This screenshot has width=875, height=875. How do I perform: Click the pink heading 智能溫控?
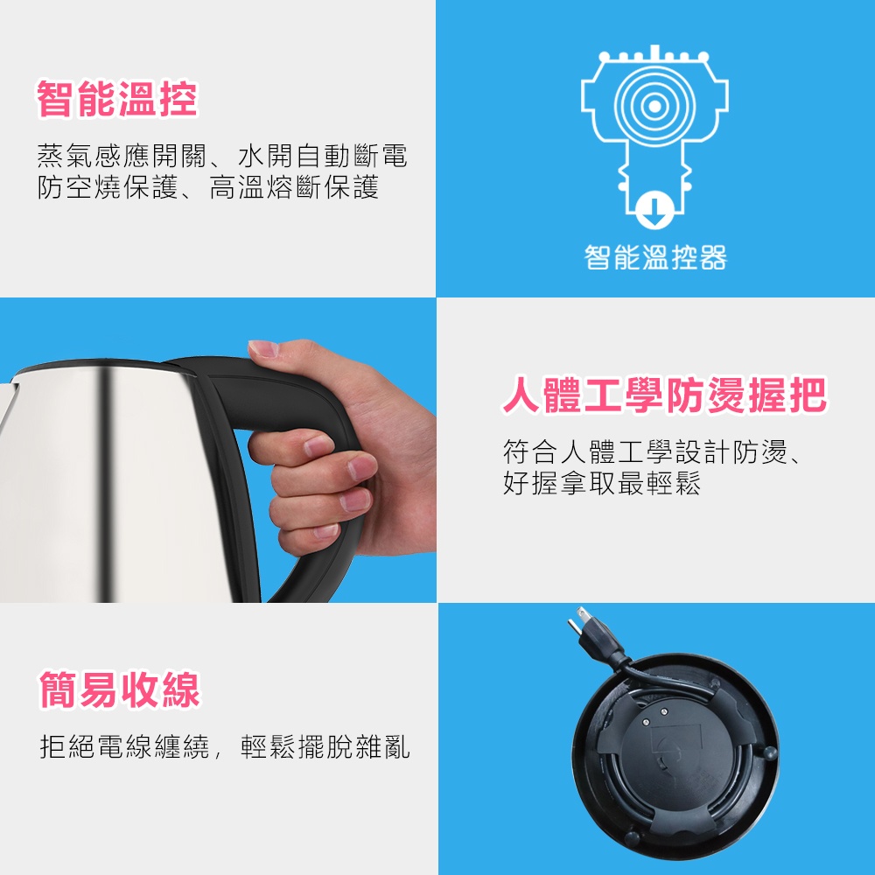tap(117, 100)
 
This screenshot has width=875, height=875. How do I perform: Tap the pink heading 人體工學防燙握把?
tap(664, 395)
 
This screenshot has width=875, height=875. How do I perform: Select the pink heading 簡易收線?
tap(119, 689)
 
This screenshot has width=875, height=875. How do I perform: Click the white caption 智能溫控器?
tap(655, 257)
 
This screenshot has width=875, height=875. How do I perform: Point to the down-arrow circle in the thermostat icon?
tap(654, 210)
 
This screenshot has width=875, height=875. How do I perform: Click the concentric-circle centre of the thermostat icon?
tap(654, 106)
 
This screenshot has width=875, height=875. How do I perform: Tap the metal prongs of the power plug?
tap(577, 620)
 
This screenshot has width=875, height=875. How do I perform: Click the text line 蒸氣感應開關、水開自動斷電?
tap(222, 156)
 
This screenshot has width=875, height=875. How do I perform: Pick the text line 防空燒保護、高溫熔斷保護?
tap(207, 187)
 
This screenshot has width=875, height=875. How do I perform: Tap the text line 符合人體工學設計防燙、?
tap(652, 451)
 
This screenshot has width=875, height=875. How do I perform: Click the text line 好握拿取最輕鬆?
tap(602, 483)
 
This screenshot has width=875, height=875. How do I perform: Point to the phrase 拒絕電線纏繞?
tap(125, 746)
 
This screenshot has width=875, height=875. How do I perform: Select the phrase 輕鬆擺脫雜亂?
tap(325, 746)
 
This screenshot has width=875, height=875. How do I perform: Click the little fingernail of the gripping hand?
tap(325, 531)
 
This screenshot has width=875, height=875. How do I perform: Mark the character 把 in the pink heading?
tap(808, 395)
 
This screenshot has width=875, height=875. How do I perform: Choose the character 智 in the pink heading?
tap(56, 100)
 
